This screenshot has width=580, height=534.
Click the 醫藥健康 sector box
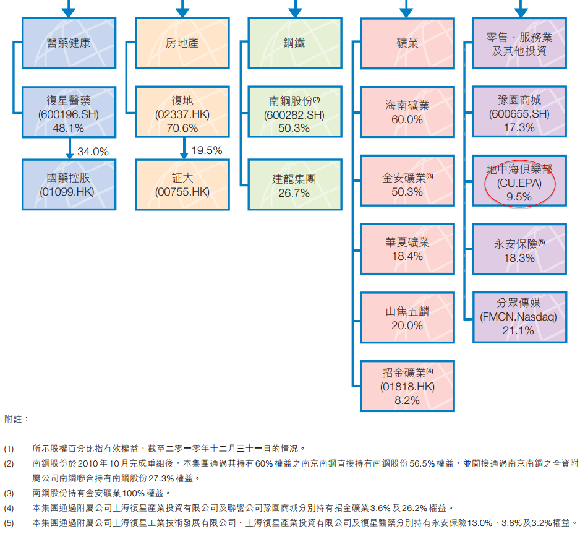69,43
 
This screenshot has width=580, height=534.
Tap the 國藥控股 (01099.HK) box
69,184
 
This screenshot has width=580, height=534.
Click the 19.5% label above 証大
207,151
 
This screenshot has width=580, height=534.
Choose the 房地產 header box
181,43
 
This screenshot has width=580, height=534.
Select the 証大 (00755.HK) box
181,184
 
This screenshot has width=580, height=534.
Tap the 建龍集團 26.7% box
294,184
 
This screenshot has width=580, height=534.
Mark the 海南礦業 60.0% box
407,113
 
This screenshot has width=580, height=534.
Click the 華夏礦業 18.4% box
407,248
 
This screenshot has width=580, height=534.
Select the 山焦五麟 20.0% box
407,317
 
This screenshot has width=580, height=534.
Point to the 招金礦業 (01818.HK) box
407,386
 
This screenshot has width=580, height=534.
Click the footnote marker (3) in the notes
9,493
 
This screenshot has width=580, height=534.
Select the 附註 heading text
17,419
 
